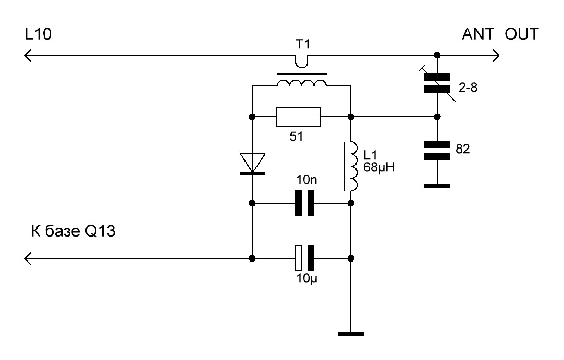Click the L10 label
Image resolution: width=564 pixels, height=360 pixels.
pyautogui.click(x=38, y=34)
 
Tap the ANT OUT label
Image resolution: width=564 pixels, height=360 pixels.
pyautogui.click(x=500, y=34)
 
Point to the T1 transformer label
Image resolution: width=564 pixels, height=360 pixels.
pyautogui.click(x=302, y=44)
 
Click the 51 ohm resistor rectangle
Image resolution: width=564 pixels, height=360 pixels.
pyautogui.click(x=298, y=117)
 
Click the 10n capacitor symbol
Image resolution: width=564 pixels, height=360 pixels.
pyautogui.click(x=304, y=203)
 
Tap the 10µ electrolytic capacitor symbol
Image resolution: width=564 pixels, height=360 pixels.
pyautogui.click(x=304, y=258)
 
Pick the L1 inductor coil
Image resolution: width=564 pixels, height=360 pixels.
pyautogui.click(x=353, y=166)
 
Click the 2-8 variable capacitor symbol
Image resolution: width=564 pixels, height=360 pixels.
pyautogui.click(x=437, y=83)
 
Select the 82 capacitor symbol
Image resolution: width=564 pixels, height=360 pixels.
pyautogui.click(x=437, y=151)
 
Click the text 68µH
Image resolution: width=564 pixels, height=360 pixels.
pyautogui.click(x=379, y=167)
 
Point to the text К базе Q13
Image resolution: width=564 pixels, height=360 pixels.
pyautogui.click(x=73, y=231)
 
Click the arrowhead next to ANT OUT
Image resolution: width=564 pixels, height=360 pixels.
pyautogui.click(x=496, y=55)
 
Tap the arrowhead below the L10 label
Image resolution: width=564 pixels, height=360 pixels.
pyautogui.click(x=28, y=55)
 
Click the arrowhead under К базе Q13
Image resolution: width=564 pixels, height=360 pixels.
pyautogui.click(x=28, y=258)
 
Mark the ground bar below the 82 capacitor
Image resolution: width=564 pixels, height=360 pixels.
pyautogui.click(x=437, y=186)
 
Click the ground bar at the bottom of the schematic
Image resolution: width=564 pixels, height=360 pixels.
pyautogui.click(x=351, y=334)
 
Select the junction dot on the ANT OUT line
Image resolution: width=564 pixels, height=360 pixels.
pyautogui.click(x=437, y=55)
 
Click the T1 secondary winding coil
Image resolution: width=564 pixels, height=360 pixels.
pyautogui.click(x=302, y=83)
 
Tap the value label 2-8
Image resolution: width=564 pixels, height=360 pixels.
pyautogui.click(x=468, y=88)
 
